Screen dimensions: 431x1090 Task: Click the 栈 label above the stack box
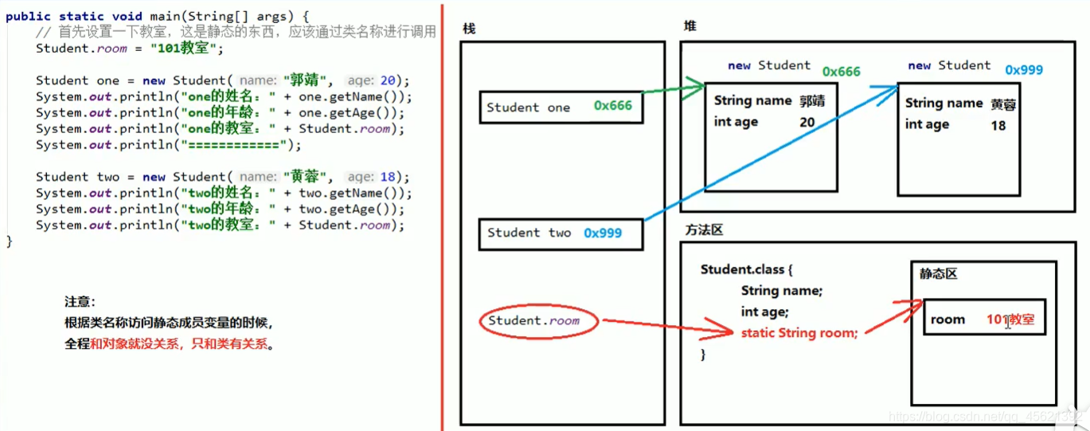tap(468, 29)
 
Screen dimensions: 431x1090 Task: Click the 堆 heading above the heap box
tap(690, 26)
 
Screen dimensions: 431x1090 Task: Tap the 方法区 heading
tap(704, 229)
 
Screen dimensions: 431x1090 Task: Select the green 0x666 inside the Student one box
tap(613, 107)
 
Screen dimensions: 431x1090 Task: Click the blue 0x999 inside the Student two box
tap(603, 233)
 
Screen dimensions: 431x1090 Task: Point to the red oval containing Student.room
tap(538, 321)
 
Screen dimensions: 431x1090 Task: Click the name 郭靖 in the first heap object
tap(812, 101)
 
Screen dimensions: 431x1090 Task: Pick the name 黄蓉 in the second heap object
tap(1003, 104)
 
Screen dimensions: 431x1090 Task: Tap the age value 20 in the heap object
tap(807, 122)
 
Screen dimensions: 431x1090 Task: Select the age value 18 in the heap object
tap(998, 125)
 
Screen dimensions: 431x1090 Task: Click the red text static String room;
tap(799, 333)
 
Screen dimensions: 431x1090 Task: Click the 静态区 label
tap(938, 273)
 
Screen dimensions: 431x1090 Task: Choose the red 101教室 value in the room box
tap(1010, 319)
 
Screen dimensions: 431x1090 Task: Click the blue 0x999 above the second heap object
tap(1023, 70)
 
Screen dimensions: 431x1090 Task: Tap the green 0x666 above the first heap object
tap(841, 72)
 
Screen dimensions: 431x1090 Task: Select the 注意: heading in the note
tap(80, 302)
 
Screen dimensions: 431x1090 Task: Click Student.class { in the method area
tap(747, 269)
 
